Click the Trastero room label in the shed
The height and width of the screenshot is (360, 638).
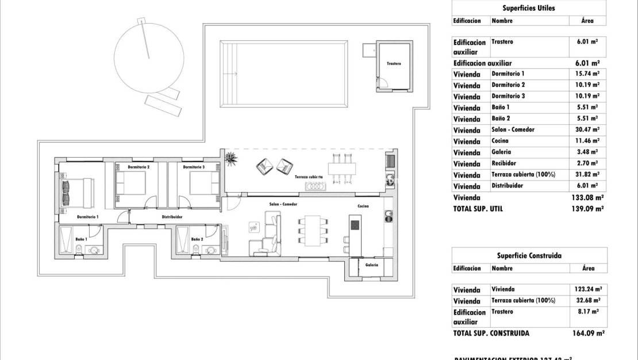tap(394, 63)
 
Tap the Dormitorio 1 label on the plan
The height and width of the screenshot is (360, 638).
tap(88, 217)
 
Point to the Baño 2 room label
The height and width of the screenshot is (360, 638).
tap(197, 239)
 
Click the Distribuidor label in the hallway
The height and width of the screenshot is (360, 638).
tap(172, 217)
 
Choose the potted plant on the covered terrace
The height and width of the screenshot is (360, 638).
tap(231, 158)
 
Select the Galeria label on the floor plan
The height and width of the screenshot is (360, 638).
tap(371, 265)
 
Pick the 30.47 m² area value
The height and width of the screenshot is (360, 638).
tap(587, 130)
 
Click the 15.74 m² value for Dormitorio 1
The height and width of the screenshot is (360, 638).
tap(587, 74)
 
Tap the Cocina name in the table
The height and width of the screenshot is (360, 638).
tap(500, 141)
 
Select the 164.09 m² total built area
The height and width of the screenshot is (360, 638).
tap(587, 333)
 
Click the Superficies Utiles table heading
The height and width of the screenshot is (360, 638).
tap(528, 8)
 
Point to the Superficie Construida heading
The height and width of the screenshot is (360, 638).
tap(528, 255)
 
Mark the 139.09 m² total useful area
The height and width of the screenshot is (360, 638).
tap(587, 209)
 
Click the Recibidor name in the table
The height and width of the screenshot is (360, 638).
tap(504, 163)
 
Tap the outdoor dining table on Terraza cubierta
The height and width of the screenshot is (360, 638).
tap(342, 168)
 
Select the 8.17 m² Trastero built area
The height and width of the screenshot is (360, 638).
tap(587, 312)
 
